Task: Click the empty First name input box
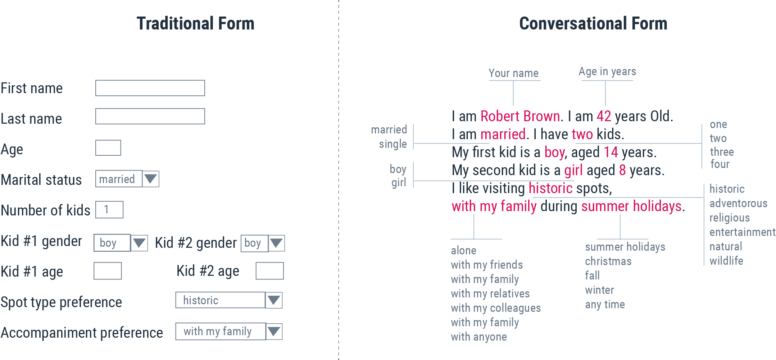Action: point(150,88)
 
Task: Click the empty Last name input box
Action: point(150,117)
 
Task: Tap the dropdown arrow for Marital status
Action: point(151,179)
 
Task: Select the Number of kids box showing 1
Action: point(109,210)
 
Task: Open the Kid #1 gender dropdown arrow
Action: point(139,243)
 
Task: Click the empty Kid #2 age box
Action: point(269,271)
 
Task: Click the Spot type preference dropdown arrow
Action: point(274,300)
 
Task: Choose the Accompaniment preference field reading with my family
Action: point(221,331)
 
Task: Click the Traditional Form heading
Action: point(195,24)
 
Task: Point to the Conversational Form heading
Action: point(593,24)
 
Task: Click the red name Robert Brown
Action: point(520,117)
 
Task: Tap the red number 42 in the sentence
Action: point(604,117)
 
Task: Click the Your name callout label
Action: point(514,73)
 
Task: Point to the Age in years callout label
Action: point(607,72)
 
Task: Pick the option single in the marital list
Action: point(393,144)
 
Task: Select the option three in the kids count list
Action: point(722,152)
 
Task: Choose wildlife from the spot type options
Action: point(726,261)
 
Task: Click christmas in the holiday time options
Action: point(608,261)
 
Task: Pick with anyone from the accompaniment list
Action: point(479,337)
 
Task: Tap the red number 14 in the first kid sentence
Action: point(611,152)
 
